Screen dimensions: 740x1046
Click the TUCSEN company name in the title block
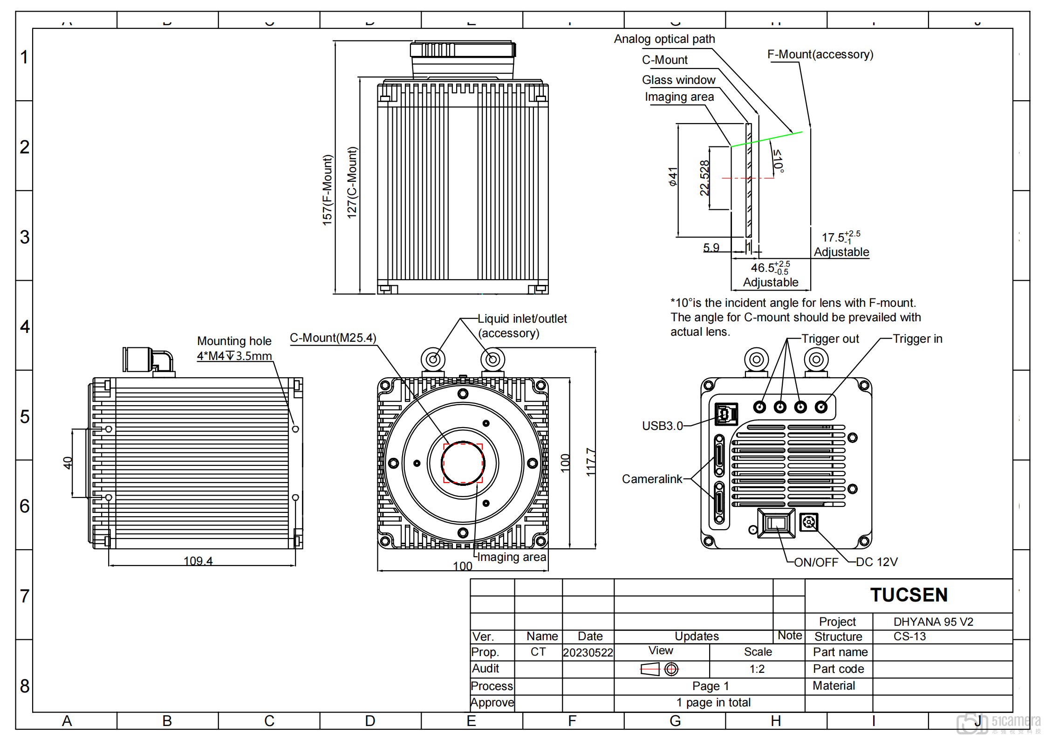pos(909,595)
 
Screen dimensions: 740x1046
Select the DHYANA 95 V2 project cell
pos(933,622)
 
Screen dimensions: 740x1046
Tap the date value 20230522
pos(588,652)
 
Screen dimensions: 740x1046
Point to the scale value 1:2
pos(757,669)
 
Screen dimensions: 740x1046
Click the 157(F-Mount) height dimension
pos(328,190)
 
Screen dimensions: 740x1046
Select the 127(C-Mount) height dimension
pos(352,182)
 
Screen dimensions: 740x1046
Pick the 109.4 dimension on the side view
pos(198,560)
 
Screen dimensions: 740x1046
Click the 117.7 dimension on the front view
pos(591,462)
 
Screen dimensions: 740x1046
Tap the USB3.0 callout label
pos(662,426)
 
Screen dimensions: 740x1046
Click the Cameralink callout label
pos(652,479)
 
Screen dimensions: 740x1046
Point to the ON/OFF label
pos(816,562)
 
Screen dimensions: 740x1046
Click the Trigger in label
pos(917,339)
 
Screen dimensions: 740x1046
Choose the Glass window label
pos(678,80)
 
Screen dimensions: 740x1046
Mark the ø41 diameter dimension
pos(673,177)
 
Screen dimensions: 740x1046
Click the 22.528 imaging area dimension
pos(704,178)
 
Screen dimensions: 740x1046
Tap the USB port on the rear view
pos(726,414)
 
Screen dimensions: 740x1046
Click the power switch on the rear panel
pos(776,523)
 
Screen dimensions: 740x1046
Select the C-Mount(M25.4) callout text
pos(333,338)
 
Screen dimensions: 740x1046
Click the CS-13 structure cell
pos(909,636)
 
